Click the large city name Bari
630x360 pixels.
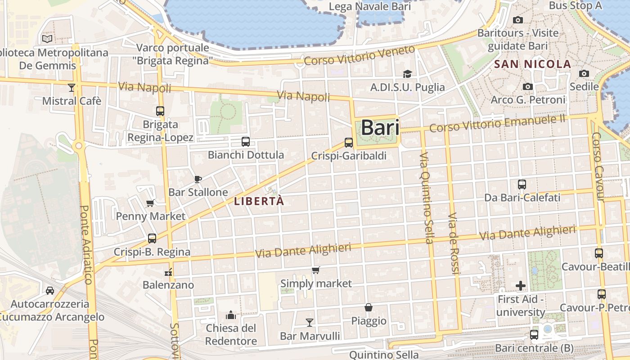click(380, 127)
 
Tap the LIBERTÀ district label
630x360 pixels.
click(259, 202)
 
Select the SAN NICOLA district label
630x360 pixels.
click(532, 64)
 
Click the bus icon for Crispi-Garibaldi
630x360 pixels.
click(349, 143)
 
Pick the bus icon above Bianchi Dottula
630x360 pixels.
click(246, 142)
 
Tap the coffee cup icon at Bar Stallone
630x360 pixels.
click(198, 179)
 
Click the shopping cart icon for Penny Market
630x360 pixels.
click(150, 203)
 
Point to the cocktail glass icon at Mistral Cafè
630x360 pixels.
click(72, 87)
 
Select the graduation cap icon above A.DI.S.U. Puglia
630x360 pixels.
click(407, 74)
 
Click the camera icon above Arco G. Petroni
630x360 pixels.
click(528, 86)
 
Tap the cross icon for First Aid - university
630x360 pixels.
click(521, 285)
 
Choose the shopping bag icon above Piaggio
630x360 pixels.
click(369, 307)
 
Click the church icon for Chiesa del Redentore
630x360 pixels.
click(231, 314)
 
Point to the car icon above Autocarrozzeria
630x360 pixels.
click(50, 290)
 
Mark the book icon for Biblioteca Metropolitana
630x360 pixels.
click(47, 39)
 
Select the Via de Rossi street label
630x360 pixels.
click(454, 243)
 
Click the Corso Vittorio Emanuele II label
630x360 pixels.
click(497, 123)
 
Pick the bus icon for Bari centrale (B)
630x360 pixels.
click(534, 334)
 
